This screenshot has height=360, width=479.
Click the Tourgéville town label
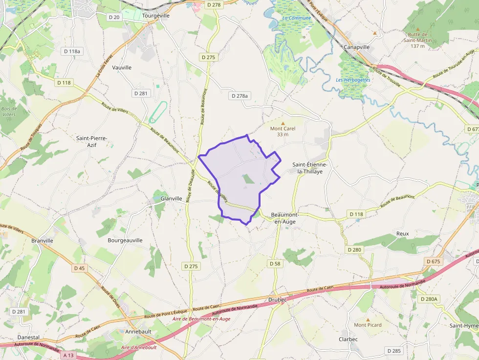pyautogui.click(x=155, y=15)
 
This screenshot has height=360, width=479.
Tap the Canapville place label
pyautogui.click(x=357, y=47)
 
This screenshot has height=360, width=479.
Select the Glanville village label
pyautogui.click(x=171, y=198)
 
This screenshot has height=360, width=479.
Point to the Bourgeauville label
pyautogui.click(x=125, y=240)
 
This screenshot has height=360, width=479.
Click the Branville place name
pyautogui.click(x=42, y=240)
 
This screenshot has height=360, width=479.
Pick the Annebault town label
pyautogui.click(x=138, y=331)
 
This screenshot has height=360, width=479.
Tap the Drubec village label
pyautogui.click(x=278, y=299)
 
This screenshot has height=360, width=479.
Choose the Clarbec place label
pyautogui.click(x=348, y=339)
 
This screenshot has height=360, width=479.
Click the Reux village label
pyautogui.click(x=402, y=233)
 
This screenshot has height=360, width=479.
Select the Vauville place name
pyautogui.click(x=122, y=67)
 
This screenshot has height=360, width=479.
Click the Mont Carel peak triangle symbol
pyautogui.click(x=283, y=123)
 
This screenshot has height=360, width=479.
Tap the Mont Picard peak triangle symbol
pyautogui.click(x=368, y=319)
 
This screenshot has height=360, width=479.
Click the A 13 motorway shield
pyautogui.click(x=68, y=355)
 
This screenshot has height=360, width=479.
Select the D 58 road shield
pyautogui.click(x=275, y=263)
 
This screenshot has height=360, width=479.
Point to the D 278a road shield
pyautogui.click(x=239, y=96)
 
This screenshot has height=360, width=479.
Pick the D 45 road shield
pyautogui.click(x=79, y=268)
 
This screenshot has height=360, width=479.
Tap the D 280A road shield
pyautogui.click(x=429, y=298)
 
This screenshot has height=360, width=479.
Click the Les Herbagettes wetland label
pyautogui.click(x=353, y=80)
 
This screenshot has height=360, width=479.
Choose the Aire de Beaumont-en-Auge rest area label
pyautogui.click(x=201, y=319)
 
